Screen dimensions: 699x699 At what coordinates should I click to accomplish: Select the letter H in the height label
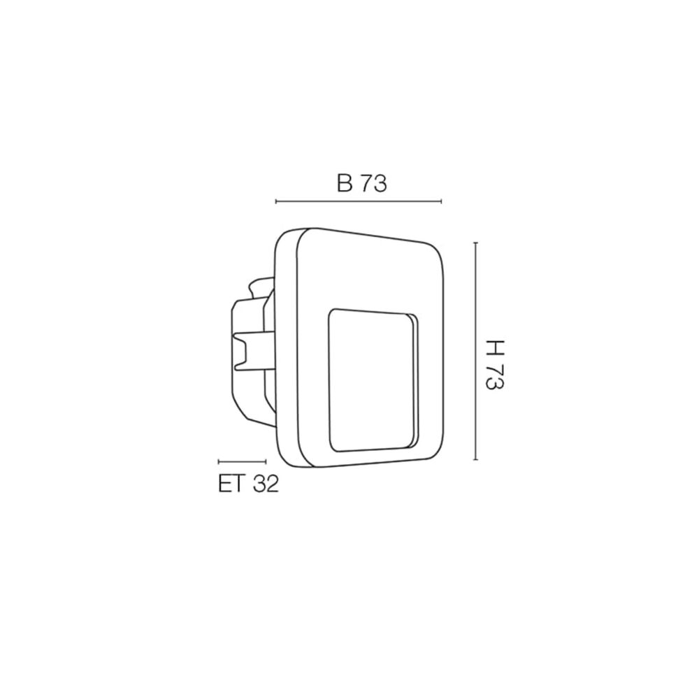pyautogui.click(x=495, y=349)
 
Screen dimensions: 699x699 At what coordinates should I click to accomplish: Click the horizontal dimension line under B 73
pyautogui.click(x=359, y=201)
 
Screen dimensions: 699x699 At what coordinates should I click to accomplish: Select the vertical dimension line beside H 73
pyautogui.click(x=476, y=351)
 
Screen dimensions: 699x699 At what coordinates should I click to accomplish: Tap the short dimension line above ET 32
pyautogui.click(x=242, y=462)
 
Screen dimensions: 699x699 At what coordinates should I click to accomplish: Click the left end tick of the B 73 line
pyautogui.click(x=276, y=201)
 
